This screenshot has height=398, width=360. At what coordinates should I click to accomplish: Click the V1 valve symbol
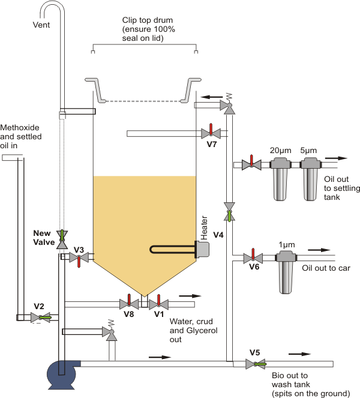pyautogui.click(x=158, y=304)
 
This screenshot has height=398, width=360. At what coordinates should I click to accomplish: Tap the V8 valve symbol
pyautogui.click(x=129, y=304)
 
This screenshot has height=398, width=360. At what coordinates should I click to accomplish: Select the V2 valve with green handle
pyautogui.click(x=41, y=318)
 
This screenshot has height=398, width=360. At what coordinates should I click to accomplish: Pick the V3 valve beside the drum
pyautogui.click(x=79, y=258)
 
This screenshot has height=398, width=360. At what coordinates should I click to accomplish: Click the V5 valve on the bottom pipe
pyautogui.click(x=256, y=364)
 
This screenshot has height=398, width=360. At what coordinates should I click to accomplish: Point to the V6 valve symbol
pyautogui.click(x=253, y=258)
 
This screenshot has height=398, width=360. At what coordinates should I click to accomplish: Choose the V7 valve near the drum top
pyautogui.click(x=211, y=133)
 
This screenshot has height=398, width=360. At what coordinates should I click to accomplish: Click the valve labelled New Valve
pyautogui.click(x=62, y=240)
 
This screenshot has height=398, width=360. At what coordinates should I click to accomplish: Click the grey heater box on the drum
pyautogui.click(x=203, y=250)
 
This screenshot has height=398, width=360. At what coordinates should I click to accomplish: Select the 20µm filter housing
pyautogui.click(x=280, y=179)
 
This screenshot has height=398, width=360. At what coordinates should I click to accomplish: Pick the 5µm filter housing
pyautogui.click(x=311, y=179)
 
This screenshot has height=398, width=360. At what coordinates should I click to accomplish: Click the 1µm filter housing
pyautogui.click(x=286, y=272)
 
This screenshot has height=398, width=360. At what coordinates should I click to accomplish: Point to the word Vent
pyautogui.click(x=41, y=25)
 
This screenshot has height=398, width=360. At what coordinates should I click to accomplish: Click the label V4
pyautogui.click(x=218, y=235)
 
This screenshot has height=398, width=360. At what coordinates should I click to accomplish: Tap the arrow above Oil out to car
pyautogui.click(x=319, y=250)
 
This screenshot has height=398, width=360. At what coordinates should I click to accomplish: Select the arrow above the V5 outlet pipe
pyautogui.click(x=299, y=354)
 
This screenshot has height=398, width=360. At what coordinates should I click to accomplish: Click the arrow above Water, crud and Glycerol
pyautogui.click(x=190, y=296)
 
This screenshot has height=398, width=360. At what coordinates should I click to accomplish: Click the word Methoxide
pyautogui.click(x=20, y=127)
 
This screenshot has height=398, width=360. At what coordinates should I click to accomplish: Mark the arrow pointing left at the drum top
pyautogui.click(x=212, y=97)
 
